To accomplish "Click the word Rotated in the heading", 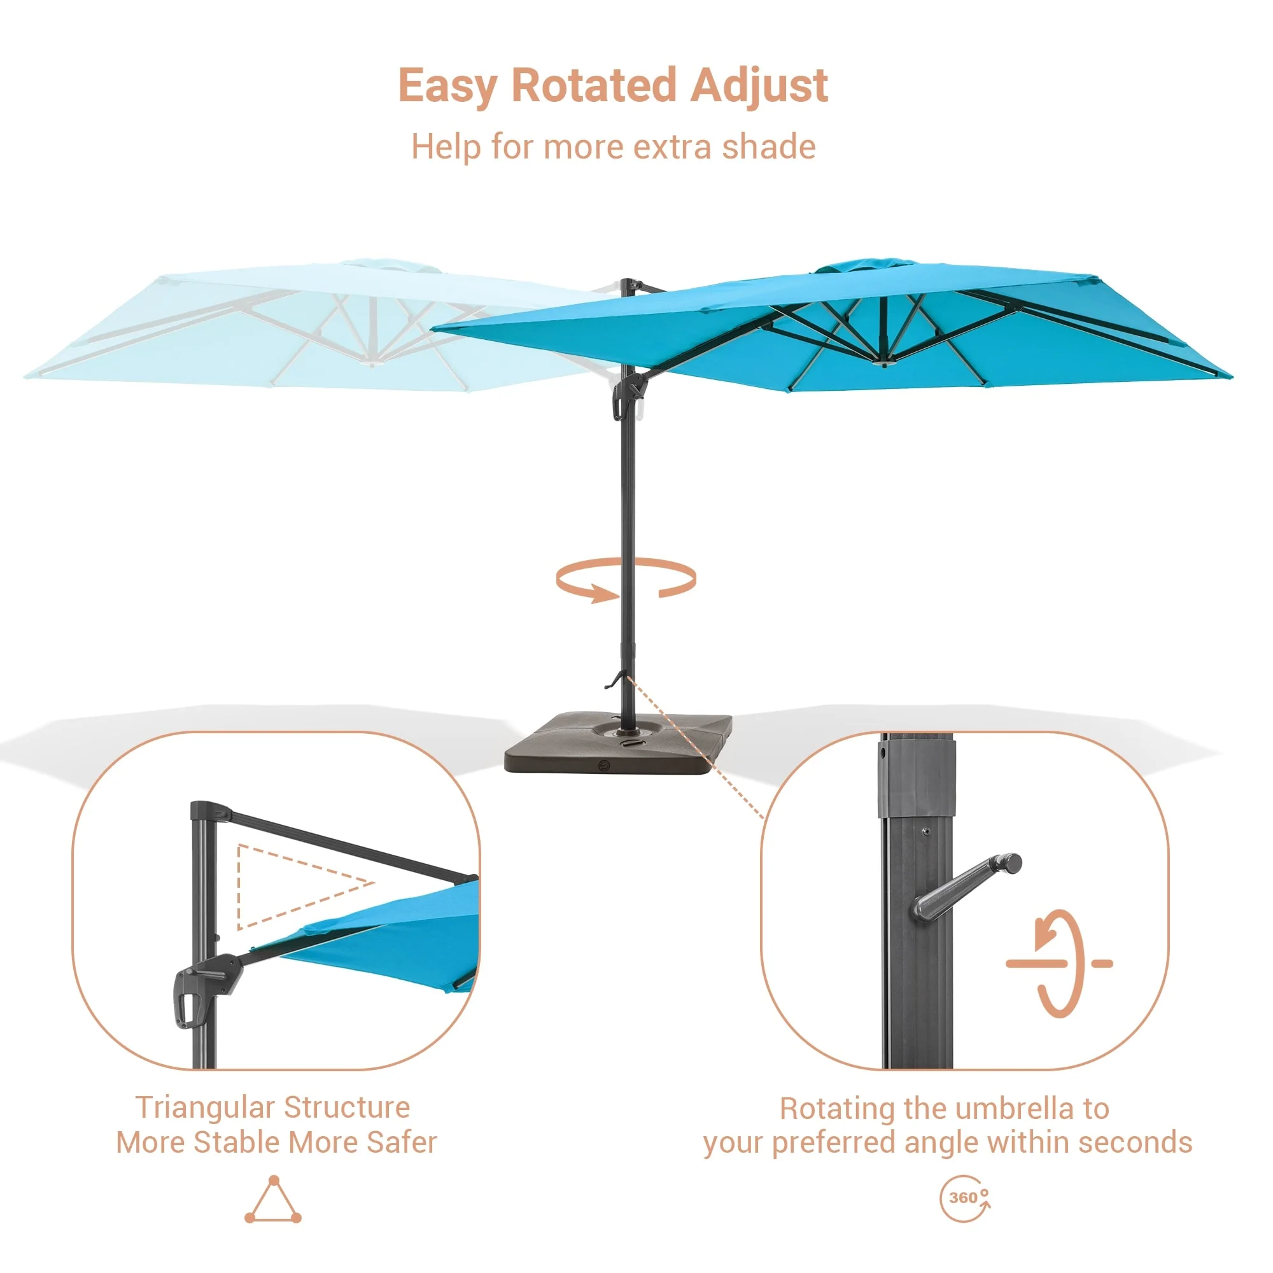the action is [594, 86].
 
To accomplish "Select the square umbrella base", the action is [618, 743].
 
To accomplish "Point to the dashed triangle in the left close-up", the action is [239, 886].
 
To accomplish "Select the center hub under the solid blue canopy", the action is [884, 362].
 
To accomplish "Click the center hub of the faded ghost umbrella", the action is [372, 362].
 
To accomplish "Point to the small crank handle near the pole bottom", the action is [614, 679].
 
